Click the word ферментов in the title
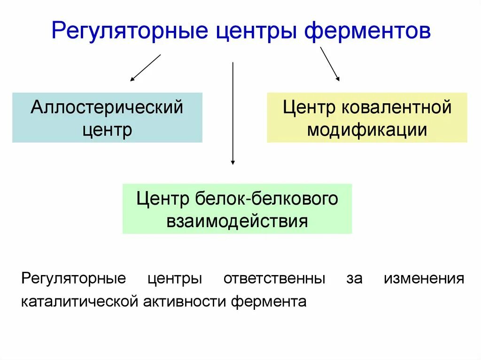click(x=368, y=32)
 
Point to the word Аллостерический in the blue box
click(x=107, y=107)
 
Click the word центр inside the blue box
click(x=107, y=129)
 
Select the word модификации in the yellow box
click(x=367, y=129)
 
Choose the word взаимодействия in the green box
click(x=237, y=220)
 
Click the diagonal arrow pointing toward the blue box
click(x=146, y=68)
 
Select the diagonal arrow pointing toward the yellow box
click(x=329, y=64)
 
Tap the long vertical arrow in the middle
click(x=233, y=113)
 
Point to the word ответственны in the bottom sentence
click(x=274, y=278)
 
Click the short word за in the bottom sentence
click(x=355, y=278)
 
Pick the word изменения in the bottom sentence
click(x=424, y=278)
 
